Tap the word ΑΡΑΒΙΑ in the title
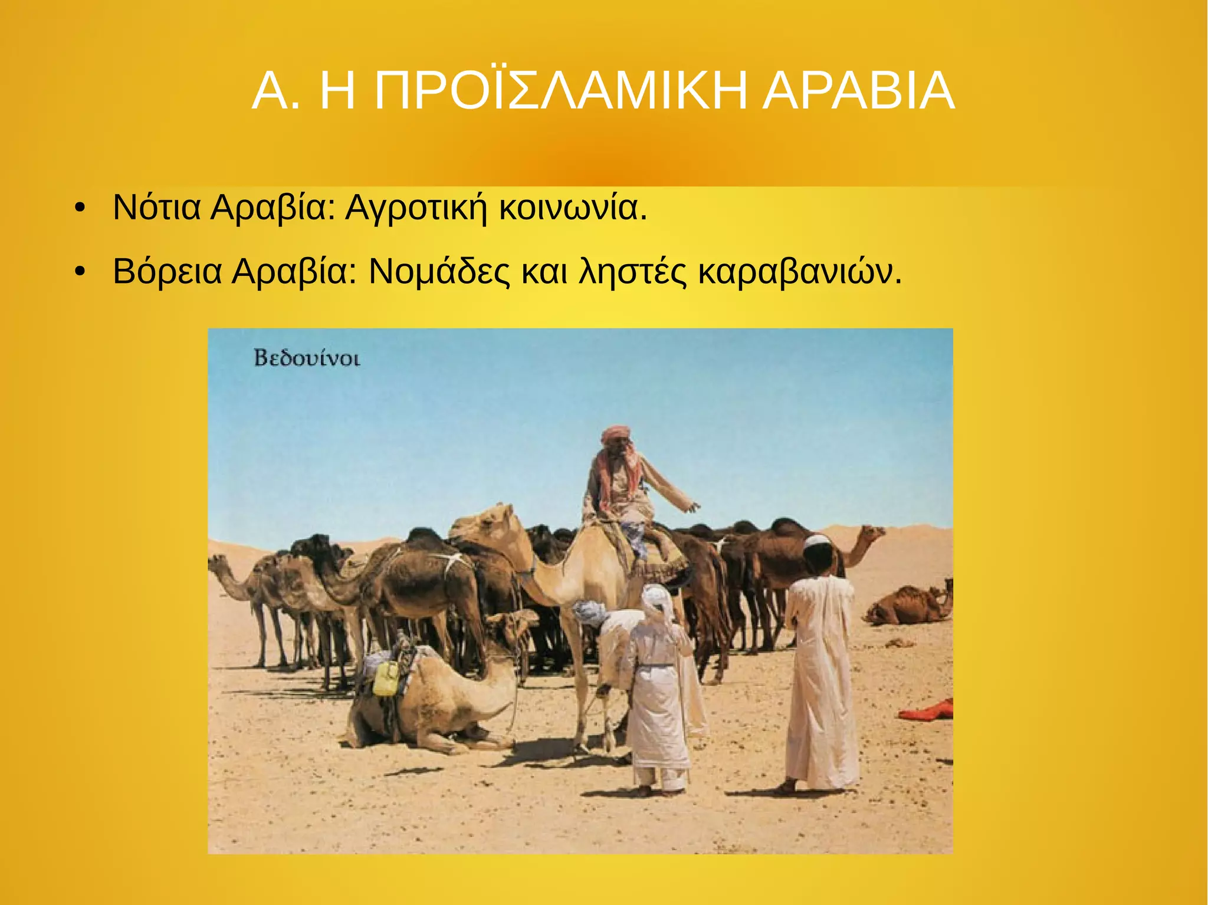tap(858, 91)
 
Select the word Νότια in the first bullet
tap(156, 207)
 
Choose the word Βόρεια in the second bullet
tap(168, 271)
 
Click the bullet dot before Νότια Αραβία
tap(80, 208)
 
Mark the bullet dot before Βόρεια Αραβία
tap(80, 272)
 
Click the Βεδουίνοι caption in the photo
tap(307, 358)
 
